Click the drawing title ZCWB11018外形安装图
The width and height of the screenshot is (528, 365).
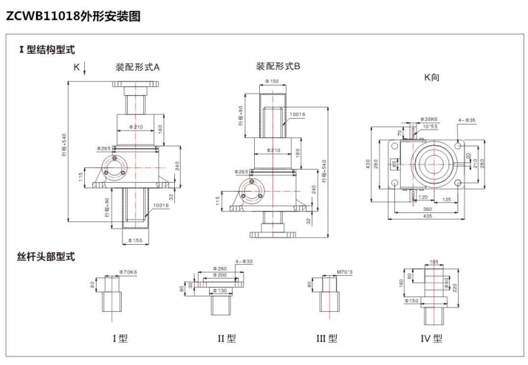72,15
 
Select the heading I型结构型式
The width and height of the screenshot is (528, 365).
47,50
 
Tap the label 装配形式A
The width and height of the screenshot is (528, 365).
137,66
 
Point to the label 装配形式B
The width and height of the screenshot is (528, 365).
278,66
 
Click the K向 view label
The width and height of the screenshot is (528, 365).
431,76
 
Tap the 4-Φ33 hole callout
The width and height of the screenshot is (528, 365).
243,261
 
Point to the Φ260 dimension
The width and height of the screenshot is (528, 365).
219,268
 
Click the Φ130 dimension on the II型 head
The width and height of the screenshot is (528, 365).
220,291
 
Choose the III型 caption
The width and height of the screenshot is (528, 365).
326,339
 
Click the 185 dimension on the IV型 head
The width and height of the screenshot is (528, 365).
434,261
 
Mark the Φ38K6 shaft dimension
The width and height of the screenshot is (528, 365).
428,119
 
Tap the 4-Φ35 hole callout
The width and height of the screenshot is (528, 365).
466,119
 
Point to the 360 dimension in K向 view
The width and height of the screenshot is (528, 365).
426,208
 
